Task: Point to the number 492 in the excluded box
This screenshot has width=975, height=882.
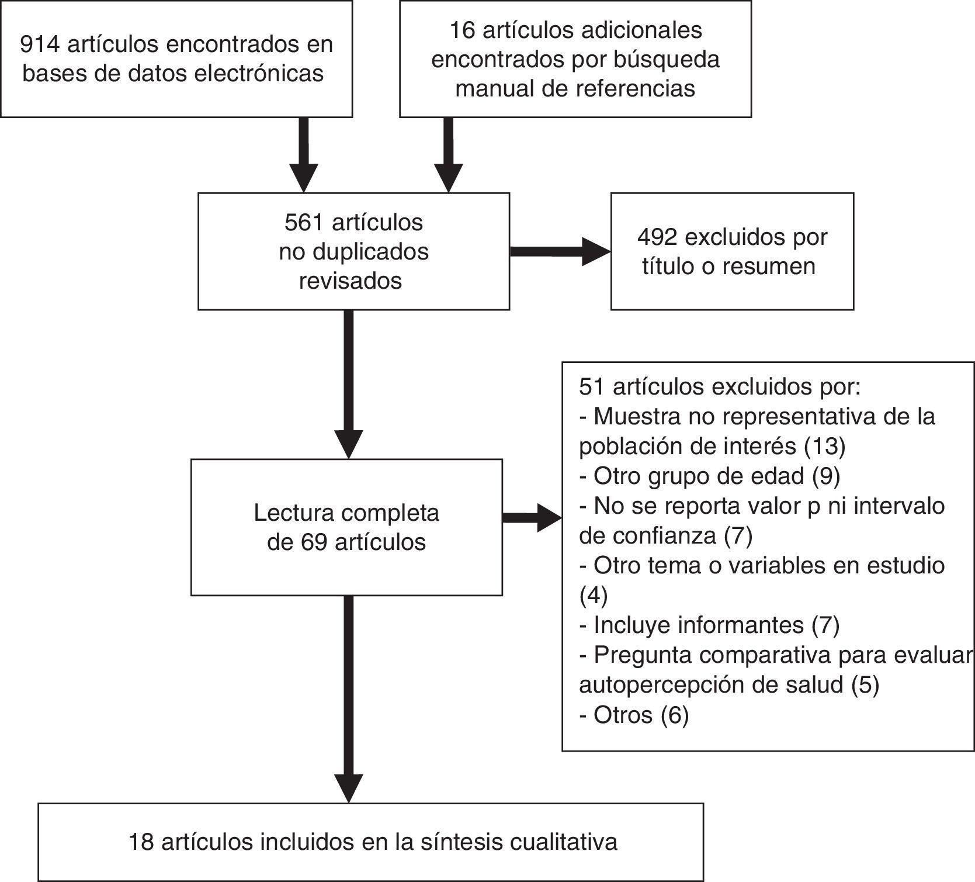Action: pyautogui.click(x=657, y=237)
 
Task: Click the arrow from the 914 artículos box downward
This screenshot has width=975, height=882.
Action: pyautogui.click(x=304, y=155)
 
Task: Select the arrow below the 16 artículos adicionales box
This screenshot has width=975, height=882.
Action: pyautogui.click(x=448, y=155)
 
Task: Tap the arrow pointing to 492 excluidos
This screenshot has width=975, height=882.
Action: pyautogui.click(x=560, y=251)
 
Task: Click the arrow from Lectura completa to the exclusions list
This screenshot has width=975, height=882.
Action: pyautogui.click(x=532, y=518)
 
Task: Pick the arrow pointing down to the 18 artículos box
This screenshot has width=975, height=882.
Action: pyautogui.click(x=349, y=698)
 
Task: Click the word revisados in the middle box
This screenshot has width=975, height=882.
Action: pyautogui.click(x=351, y=281)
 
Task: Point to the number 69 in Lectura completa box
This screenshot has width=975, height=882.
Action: pyautogui.click(x=314, y=542)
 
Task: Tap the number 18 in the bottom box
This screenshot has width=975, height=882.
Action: pyautogui.click(x=141, y=842)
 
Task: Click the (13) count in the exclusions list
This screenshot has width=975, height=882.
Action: pyautogui.click(x=824, y=447)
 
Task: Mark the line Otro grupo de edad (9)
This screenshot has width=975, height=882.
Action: pyautogui.click(x=709, y=476)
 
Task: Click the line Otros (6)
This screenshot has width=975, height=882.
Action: pyautogui.click(x=634, y=715)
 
